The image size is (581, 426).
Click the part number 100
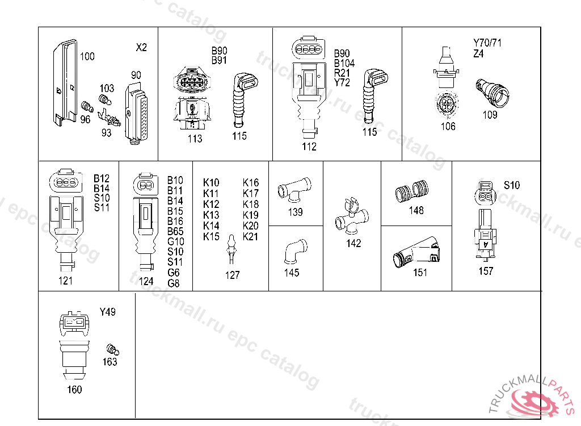87,56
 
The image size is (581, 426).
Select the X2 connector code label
141,48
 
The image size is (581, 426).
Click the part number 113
195,139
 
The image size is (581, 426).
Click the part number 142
354,243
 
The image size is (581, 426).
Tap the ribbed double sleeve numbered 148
412,192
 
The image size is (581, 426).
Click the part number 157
486,271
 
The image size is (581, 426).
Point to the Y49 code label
107,312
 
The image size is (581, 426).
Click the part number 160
74,389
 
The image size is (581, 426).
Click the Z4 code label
479,54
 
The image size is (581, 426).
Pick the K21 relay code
250,236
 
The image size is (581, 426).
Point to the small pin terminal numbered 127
230,249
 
